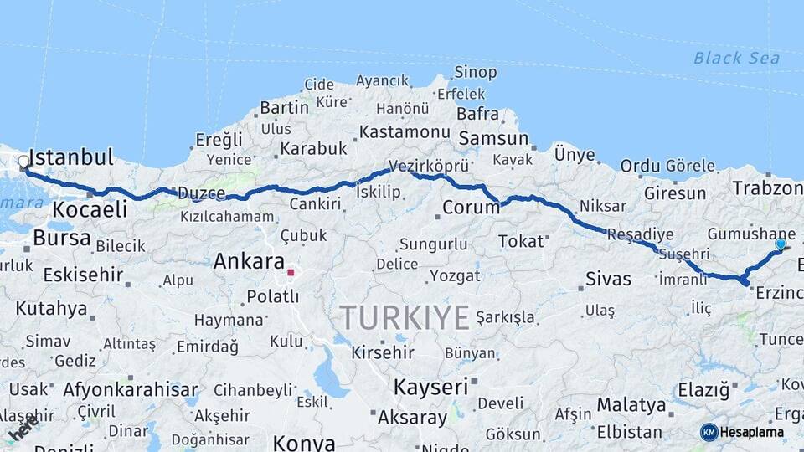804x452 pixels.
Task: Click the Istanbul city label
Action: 71,157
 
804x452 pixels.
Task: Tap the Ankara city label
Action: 249,261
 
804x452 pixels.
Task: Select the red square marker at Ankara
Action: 291,272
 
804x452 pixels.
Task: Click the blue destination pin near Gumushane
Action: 781,244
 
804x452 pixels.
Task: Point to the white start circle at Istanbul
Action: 23,162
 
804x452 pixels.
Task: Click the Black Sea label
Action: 736,58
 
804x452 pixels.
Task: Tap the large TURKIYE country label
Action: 405,318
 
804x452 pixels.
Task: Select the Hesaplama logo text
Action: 752,433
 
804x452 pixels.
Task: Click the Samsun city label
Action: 494,139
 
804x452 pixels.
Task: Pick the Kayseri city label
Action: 430,387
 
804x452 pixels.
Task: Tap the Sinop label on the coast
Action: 475,72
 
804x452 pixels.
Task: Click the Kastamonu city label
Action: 406,132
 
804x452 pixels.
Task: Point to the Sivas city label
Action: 608,279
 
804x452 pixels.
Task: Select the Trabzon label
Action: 767,187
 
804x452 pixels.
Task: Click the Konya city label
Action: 304,443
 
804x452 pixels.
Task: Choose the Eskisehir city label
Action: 83,274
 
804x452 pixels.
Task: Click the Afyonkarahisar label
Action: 130,389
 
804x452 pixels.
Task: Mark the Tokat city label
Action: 521,241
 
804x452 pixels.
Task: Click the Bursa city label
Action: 61,238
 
